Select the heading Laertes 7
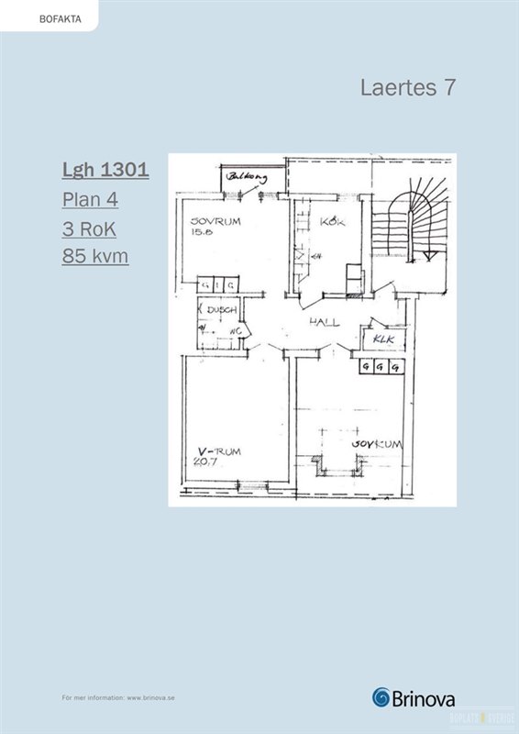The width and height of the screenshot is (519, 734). point(408,88)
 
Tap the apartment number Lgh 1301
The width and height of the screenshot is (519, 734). point(105,170)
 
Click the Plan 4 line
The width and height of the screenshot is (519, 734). point(90,199)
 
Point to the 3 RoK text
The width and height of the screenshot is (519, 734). point(89,228)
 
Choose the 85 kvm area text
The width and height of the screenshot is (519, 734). point(95,256)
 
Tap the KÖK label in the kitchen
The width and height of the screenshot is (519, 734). point(331,222)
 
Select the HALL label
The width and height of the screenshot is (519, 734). point(324,322)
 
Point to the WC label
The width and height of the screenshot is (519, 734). point(235,330)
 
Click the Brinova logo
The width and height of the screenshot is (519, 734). point(414,697)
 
